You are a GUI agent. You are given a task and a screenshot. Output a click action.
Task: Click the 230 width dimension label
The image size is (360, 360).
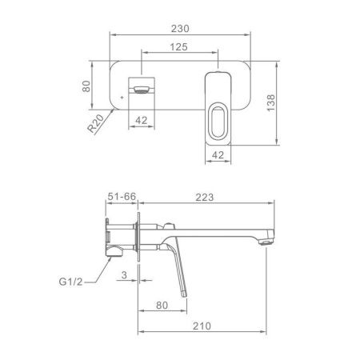pyautogui.click(x=180, y=29)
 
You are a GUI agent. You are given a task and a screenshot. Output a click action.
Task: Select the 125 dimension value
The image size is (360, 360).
pyautogui.click(x=178, y=47)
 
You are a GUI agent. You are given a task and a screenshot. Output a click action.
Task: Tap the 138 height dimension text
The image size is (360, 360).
pyautogui.click(x=270, y=103)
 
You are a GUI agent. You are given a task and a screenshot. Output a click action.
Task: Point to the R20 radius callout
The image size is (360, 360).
pyautogui.click(x=96, y=123)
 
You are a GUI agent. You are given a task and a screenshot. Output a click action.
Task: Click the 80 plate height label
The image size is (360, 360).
pyautogui.click(x=86, y=86)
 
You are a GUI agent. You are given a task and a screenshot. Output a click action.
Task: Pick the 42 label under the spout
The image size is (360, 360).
pyautogui.click(x=142, y=121)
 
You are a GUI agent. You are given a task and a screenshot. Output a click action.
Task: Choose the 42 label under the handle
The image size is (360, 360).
pyautogui.click(x=218, y=155)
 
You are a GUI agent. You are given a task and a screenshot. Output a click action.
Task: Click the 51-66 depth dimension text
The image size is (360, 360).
pyautogui.click(x=122, y=197)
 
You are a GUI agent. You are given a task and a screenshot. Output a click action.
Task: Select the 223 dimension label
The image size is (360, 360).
pyautogui.click(x=205, y=198)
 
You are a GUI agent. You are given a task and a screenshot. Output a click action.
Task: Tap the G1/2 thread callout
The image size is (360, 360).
pyautogui.click(x=70, y=282)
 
